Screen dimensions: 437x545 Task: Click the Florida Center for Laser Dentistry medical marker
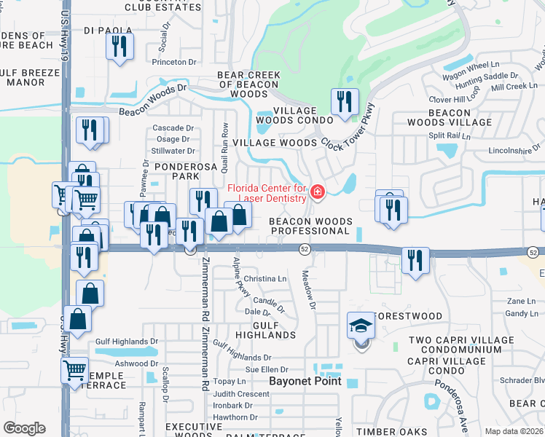317,192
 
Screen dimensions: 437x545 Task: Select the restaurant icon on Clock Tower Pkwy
343,102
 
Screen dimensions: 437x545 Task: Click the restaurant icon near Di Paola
118,47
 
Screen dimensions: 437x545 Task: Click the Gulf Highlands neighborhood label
265,329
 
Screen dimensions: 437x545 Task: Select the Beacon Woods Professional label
310,226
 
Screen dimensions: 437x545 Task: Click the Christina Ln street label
265,279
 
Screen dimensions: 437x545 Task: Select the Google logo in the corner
24,428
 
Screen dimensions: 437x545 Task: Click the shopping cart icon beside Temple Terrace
74,370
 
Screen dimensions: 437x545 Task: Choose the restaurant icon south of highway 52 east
415,261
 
